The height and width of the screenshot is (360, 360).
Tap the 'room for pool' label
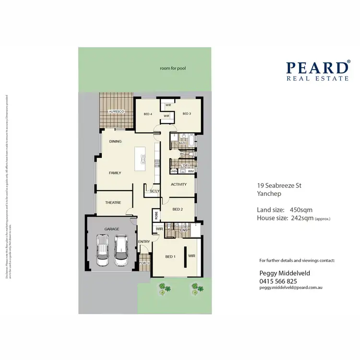click(173, 69)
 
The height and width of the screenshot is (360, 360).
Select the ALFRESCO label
click(116, 111)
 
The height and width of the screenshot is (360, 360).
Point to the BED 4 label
click(148, 114)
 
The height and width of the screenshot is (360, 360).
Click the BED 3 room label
click(187, 114)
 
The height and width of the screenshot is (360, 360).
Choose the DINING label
click(115, 142)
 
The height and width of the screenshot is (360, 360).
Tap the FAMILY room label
click(115, 173)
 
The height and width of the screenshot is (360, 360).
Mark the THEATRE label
click(113, 203)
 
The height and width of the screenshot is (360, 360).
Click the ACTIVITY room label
click(179, 184)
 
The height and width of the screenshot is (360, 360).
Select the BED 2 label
click(178, 209)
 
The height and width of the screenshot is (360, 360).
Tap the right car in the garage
click(121, 250)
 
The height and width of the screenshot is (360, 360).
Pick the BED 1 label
click(170, 257)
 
